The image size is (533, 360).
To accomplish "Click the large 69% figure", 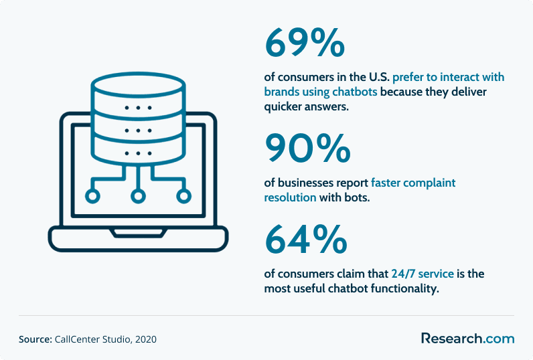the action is (x=305, y=42).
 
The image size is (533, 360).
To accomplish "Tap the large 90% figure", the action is (x=307, y=148).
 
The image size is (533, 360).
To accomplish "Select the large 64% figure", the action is (x=306, y=239).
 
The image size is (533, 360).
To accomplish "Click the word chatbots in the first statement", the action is (x=354, y=92).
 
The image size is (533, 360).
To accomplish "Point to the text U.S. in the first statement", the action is (x=380, y=77).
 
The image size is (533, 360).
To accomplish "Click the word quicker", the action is (x=283, y=106).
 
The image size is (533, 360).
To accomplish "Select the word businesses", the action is (x=305, y=183).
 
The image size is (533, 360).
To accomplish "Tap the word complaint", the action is (x=429, y=183).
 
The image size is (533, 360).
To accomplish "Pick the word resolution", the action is (x=290, y=197).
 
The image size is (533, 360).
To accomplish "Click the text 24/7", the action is (x=403, y=274).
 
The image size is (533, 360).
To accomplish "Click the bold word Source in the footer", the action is (x=35, y=339).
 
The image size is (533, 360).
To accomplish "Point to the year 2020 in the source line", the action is (x=146, y=339).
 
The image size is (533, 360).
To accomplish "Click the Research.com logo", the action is (x=468, y=339).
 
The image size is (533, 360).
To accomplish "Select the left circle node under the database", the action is (x=92, y=196).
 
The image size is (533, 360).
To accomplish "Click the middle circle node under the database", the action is (x=138, y=196).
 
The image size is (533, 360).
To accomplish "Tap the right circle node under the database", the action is (x=183, y=196).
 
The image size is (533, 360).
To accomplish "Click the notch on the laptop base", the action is (x=138, y=234).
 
